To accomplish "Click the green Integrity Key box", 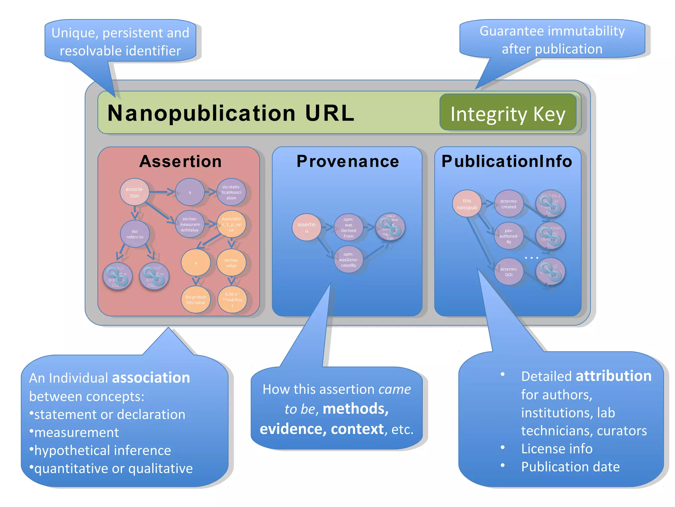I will click(508, 113).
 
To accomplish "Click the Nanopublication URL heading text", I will click(231, 113).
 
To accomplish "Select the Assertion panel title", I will click(180, 161).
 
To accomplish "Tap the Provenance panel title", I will click(347, 161).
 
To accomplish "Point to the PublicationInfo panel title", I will click(507, 161).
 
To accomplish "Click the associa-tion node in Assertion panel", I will click(134, 192).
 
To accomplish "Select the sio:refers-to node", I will click(135, 234).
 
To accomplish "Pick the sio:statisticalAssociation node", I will click(231, 192).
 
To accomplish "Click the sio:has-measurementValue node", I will click(190, 224).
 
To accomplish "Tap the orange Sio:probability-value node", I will click(195, 299).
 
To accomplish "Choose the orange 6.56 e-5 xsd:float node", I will click(232, 299).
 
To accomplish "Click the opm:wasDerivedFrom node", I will click(348, 227).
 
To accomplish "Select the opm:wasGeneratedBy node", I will click(348, 259).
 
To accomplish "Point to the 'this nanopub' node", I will click(467, 204).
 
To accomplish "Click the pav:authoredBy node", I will click(509, 236).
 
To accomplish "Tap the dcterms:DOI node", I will click(509, 272).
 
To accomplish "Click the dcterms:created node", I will click(509, 204).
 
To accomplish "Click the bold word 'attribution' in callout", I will click(613, 376).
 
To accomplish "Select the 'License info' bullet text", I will click(557, 449).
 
